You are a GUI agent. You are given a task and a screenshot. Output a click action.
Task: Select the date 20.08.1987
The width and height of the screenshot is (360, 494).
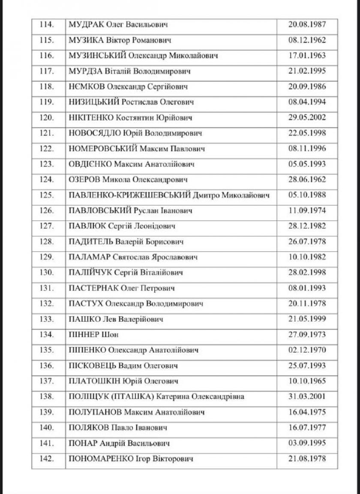point(307,24)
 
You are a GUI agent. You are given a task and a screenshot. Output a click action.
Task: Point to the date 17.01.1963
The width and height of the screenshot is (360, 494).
point(307,56)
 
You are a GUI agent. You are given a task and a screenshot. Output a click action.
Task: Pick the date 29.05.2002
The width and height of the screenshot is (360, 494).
point(307,117)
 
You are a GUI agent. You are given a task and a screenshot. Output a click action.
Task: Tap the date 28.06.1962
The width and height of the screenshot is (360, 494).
point(307,180)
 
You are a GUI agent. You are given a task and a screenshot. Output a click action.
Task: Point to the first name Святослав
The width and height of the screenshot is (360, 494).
point(132,257)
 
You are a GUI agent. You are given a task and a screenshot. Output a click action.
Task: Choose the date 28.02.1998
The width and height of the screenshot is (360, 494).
point(307,272)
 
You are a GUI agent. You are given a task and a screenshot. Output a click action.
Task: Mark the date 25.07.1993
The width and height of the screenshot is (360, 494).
point(307,365)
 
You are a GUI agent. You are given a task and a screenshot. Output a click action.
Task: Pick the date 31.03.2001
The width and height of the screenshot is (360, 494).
point(307,397)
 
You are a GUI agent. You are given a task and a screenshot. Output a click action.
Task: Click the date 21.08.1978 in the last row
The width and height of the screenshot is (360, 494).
point(307,458)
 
